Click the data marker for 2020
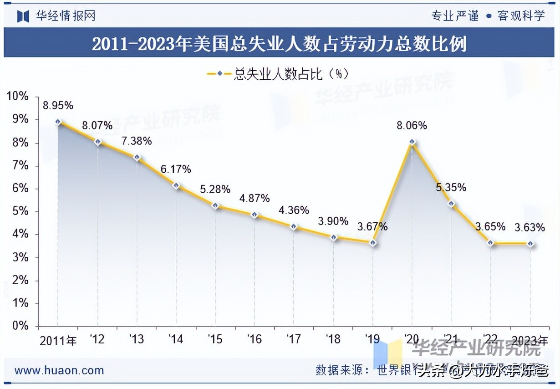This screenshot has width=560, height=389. pos(412,142)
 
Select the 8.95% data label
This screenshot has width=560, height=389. pos(58,106)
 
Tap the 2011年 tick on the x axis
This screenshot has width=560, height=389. pos(58,340)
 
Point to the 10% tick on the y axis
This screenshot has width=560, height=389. pos(17,97)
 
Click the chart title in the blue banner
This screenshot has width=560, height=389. pos(279,45)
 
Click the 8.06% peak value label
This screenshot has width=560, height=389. pos(412,126)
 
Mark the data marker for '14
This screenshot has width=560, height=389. pos(176,186)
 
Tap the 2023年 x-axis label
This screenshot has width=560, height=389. pos(530,340)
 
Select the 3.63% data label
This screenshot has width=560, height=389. pos(530,227)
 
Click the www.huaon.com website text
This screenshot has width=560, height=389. pos(59,370)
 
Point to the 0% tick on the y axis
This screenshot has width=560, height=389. pos(20,326)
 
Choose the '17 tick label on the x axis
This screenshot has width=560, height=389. pos(293,339)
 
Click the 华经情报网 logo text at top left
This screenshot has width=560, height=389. pos(66,16)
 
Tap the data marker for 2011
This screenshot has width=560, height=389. pos(58,122)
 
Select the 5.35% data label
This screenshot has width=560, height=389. pos(451,187)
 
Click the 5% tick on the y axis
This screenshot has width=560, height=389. pos(20,211)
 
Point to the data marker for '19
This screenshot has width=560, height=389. pos(372,243)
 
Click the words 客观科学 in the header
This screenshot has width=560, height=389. pos(521,16)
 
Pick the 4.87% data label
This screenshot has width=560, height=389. pos(255,198)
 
